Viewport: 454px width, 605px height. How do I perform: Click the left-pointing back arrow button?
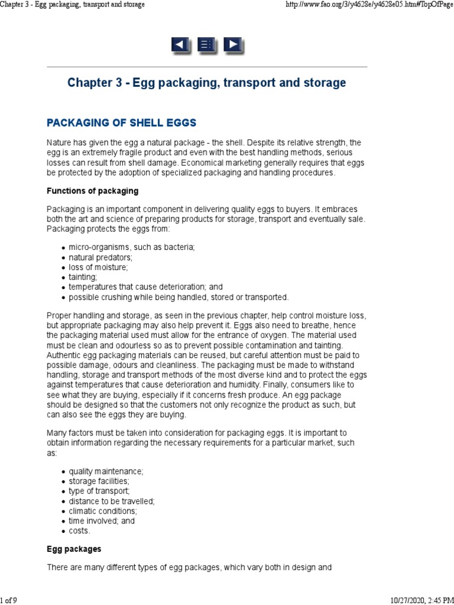point(180,45)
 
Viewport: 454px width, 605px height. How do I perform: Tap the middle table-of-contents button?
point(207,45)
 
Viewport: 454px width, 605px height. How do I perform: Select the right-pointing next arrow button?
point(234,45)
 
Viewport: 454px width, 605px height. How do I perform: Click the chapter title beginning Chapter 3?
point(206,83)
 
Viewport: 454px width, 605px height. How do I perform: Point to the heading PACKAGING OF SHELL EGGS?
point(121,123)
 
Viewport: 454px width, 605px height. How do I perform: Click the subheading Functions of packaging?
point(92,191)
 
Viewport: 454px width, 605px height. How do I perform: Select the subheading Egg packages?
point(74,549)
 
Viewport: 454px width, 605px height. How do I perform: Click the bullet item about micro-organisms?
point(131,248)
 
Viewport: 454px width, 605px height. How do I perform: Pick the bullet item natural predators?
point(100,258)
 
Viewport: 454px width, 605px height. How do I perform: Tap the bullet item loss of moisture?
point(98,267)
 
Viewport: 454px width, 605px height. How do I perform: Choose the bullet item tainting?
point(83,277)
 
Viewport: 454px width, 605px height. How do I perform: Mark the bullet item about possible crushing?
point(179,297)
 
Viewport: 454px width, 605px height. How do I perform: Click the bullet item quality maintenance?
point(106,471)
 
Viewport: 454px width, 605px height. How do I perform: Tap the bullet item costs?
point(79,531)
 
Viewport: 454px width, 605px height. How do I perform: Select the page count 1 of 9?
point(9,600)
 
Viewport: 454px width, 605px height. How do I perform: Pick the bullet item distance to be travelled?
point(111,501)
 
